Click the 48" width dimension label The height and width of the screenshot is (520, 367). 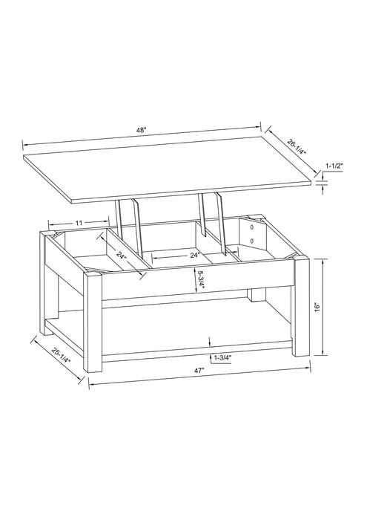click(141, 131)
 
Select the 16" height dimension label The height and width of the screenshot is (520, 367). click(317, 306)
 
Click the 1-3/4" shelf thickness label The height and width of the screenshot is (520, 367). click(222, 358)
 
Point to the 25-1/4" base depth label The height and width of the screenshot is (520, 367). click(61, 356)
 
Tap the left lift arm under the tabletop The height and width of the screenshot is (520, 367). click(136, 223)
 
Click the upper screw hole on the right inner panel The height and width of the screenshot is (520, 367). click(253, 225)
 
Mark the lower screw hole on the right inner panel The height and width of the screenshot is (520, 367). click(253, 241)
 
